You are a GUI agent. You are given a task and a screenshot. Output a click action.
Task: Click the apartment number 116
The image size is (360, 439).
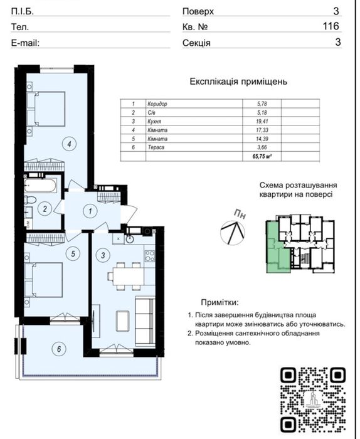331,26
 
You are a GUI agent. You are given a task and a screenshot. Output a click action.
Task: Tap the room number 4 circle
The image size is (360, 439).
69,144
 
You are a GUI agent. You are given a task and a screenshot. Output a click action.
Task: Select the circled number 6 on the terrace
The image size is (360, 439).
59,349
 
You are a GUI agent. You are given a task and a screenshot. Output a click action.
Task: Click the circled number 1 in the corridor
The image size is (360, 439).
90,211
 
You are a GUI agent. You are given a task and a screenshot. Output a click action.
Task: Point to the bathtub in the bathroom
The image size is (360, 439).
41,186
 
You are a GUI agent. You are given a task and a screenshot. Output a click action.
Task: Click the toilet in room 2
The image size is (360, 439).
30,200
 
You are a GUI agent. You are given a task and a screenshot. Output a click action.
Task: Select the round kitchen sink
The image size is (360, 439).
130,239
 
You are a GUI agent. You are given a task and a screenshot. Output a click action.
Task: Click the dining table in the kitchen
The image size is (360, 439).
129,276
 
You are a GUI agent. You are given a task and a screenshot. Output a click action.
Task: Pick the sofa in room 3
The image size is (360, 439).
145,322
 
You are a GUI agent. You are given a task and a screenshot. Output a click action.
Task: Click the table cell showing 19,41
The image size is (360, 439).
262,121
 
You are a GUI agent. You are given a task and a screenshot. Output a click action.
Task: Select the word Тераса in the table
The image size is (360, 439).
156,147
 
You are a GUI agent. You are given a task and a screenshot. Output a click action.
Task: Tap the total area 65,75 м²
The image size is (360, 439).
262,157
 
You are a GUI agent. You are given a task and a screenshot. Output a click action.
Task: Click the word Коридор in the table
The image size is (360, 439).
157,104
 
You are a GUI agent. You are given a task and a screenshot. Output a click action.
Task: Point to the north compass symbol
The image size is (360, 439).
233,232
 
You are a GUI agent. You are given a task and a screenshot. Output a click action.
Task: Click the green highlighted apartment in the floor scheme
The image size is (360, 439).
277,247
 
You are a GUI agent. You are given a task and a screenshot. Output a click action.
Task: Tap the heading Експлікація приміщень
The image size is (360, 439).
238,82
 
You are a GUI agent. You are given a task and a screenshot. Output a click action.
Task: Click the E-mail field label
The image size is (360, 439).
25,43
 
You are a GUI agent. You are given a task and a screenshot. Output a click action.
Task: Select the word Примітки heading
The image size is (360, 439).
220,302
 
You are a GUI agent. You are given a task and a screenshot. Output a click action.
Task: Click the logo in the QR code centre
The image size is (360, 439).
313,400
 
